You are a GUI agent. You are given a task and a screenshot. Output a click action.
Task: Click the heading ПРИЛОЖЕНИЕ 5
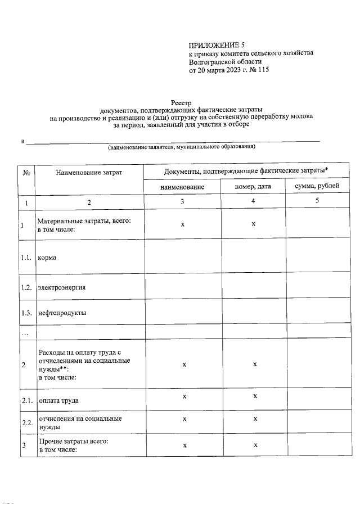pos(217,44)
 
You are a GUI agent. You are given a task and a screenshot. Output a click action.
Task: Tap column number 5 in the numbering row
pos(317,201)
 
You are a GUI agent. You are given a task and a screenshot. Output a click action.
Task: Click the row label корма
pos(47,258)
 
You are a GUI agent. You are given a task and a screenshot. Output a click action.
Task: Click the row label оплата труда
pos(58,400)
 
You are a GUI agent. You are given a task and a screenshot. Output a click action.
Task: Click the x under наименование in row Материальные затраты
pos(183,224)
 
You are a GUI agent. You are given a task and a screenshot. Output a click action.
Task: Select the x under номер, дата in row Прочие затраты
pos(254,445)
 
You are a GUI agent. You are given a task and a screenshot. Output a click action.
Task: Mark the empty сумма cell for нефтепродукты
pos(318,312)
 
